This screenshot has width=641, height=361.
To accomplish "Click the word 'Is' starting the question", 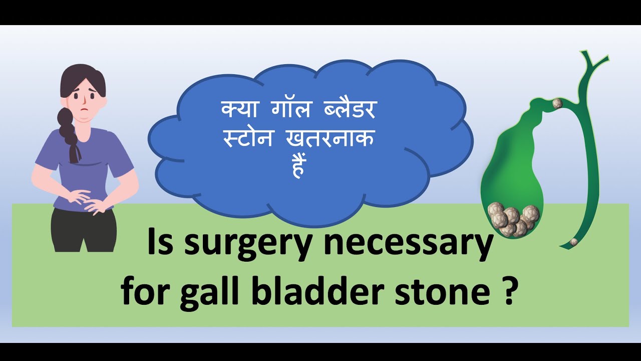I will (x=160, y=243).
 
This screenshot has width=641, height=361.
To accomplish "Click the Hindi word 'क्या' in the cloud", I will (x=237, y=109).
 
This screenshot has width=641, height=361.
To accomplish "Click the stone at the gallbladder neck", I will (x=557, y=104).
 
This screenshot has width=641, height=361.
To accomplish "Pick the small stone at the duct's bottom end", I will (x=574, y=242).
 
